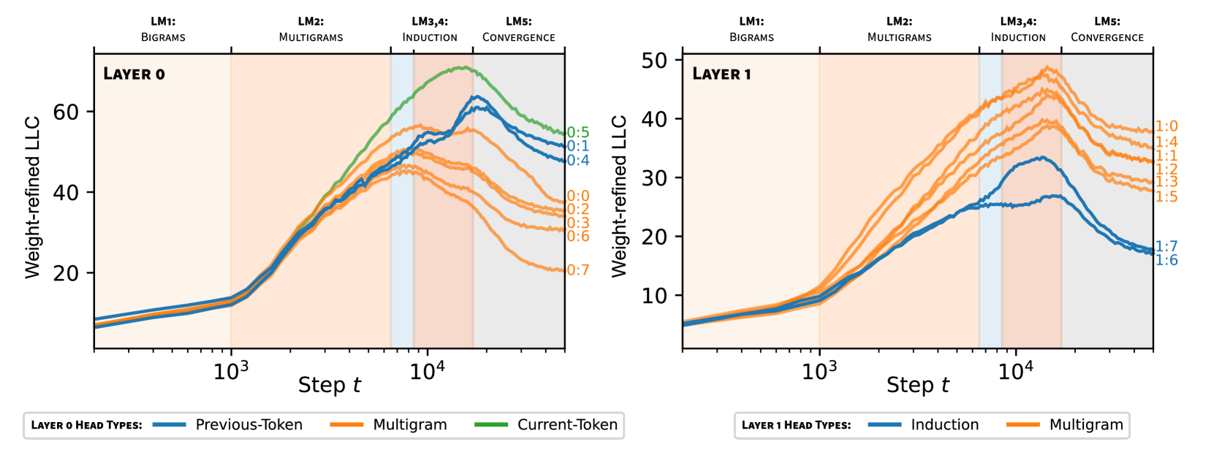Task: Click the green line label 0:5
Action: [577, 132]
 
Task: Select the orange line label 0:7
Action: [577, 270]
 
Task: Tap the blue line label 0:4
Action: [577, 160]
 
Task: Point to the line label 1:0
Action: [1166, 126]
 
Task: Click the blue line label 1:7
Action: [1166, 247]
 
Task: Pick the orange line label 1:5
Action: [1166, 196]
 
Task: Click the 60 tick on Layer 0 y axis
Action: [66, 112]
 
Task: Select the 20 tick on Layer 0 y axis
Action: [66, 273]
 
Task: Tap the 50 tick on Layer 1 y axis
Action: [654, 60]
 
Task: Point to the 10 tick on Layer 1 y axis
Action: [654, 296]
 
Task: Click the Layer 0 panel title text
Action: [134, 74]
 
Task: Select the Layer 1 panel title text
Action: [721, 74]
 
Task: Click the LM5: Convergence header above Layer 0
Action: [518, 29]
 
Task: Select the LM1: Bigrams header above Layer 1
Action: [751, 29]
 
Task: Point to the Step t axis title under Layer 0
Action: [330, 385]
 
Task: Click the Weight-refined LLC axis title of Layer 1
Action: [619, 196]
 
